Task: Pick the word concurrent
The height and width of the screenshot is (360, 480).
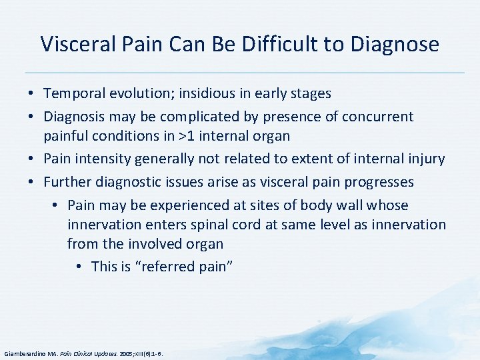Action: coord(377,117)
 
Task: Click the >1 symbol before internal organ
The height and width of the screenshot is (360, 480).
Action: coord(188,136)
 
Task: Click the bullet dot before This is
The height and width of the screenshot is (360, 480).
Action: coord(79,267)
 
